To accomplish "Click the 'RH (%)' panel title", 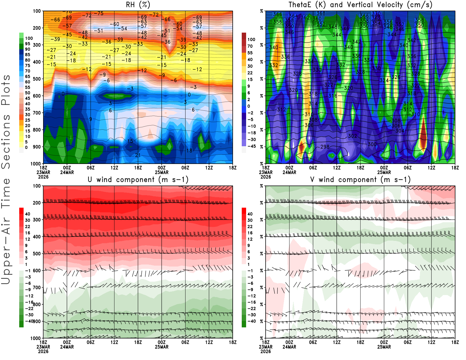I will pos(138,5).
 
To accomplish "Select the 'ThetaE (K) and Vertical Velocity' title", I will pos(360,5).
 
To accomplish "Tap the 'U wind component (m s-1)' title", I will pos(138,180).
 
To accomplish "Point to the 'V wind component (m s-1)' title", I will pos(360,180).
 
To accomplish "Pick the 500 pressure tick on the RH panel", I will pos(37,79).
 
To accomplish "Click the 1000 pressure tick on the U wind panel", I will pos(36,338).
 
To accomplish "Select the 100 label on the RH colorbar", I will pos(29,38).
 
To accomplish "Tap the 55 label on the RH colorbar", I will pos(28,87).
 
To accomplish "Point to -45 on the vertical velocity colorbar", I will pos(251,146).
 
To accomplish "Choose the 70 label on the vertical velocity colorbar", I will pos(250,46).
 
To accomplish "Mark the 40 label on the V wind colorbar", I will pos(250,214).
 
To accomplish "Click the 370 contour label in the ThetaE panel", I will pos(376,14).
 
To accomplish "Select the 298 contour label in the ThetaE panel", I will pos(325,147).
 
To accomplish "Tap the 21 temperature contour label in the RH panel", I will pos(138,155).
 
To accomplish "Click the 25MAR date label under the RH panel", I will pos(162,172).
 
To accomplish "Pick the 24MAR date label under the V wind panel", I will pos(289,347).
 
